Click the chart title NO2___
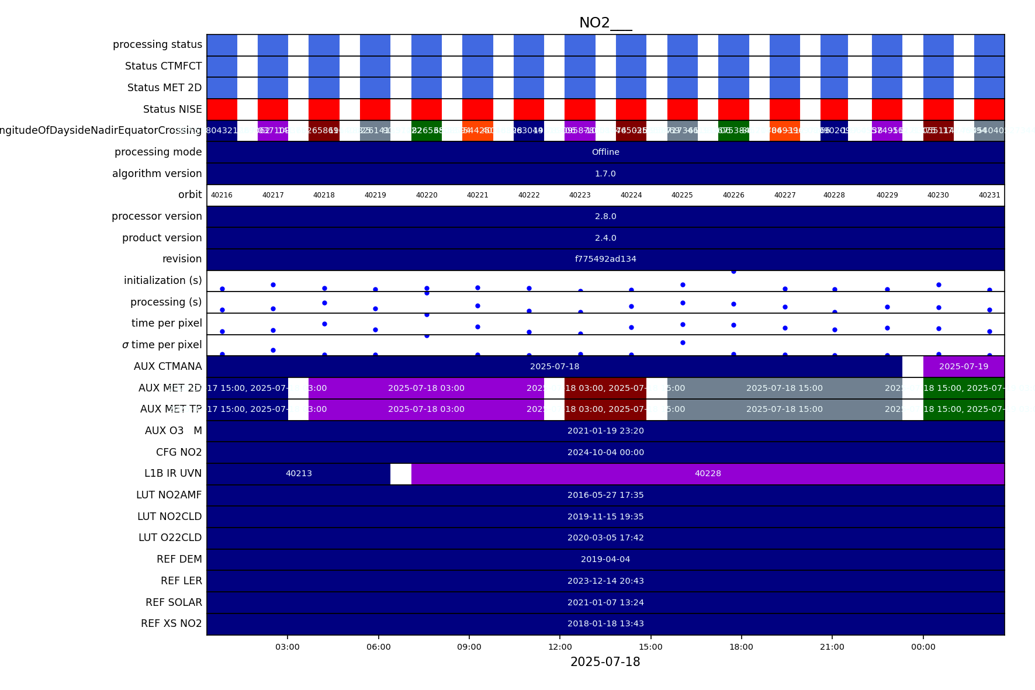605,23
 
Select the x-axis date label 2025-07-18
605,662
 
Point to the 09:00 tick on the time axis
469,647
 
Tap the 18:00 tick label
741,647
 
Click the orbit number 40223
580,195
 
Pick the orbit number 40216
221,195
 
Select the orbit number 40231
989,195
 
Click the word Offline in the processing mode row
605,152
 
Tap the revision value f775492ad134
605,259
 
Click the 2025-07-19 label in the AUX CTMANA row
964,366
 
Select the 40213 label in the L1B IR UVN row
299,473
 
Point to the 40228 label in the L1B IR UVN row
708,473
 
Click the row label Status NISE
172,109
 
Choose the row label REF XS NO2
171,623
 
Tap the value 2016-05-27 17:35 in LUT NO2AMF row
605,495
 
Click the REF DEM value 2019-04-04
605,559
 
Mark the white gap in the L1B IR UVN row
401,474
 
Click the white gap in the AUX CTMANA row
912,366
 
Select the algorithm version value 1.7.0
605,174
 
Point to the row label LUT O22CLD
170,538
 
